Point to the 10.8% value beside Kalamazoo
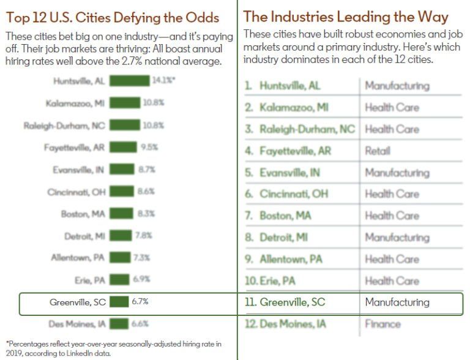[154, 103]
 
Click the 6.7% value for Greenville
[140, 301]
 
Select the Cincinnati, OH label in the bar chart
[76, 192]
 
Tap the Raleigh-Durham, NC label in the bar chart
[64, 126]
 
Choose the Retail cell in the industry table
[377, 151]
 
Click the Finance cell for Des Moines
[382, 324]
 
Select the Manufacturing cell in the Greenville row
[397, 302]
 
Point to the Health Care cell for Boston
[392, 216]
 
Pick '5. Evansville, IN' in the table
[282, 173]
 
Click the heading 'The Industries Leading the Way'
[346, 17]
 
